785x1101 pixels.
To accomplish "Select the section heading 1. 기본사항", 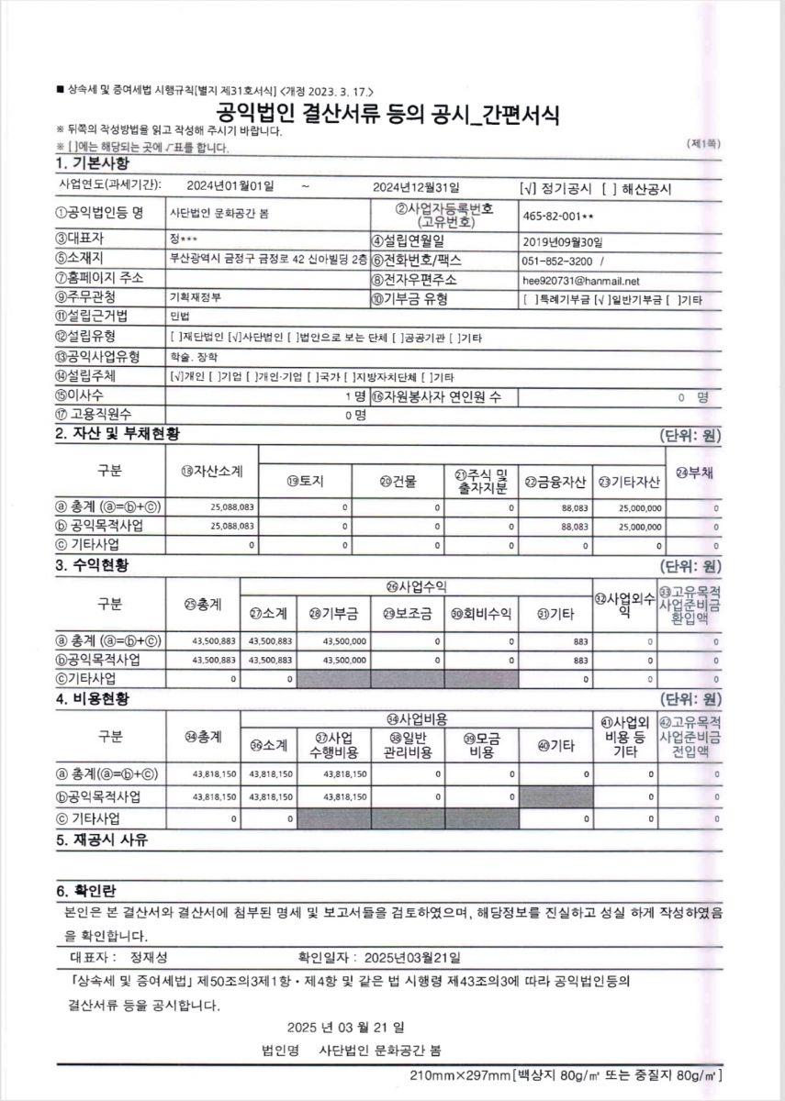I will click(x=93, y=163).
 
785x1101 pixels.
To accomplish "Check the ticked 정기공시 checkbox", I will click(x=525, y=187).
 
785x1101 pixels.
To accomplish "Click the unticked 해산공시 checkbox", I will click(x=607, y=187).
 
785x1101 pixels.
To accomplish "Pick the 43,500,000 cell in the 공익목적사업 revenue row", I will click(x=344, y=660).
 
